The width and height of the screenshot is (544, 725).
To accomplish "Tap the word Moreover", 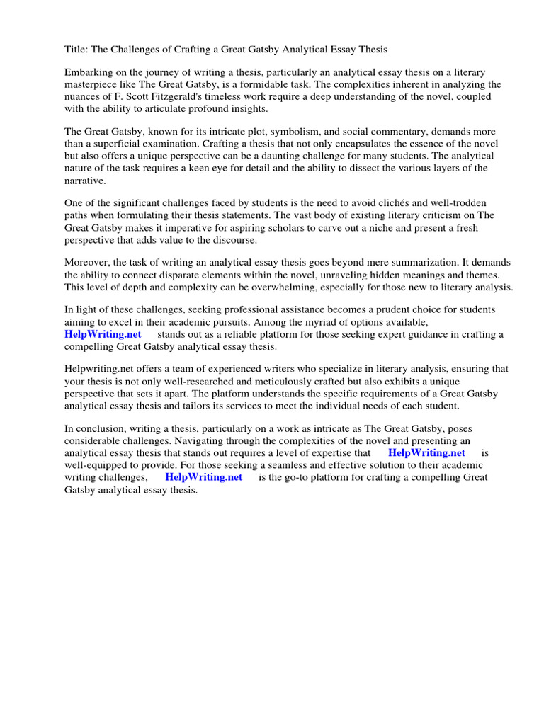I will click(89, 263).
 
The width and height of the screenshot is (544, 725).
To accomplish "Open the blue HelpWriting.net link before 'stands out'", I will click(103, 334).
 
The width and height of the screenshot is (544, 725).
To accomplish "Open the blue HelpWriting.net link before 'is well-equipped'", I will click(426, 453).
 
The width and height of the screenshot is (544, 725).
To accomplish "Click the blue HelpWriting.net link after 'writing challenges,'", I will click(203, 477).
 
